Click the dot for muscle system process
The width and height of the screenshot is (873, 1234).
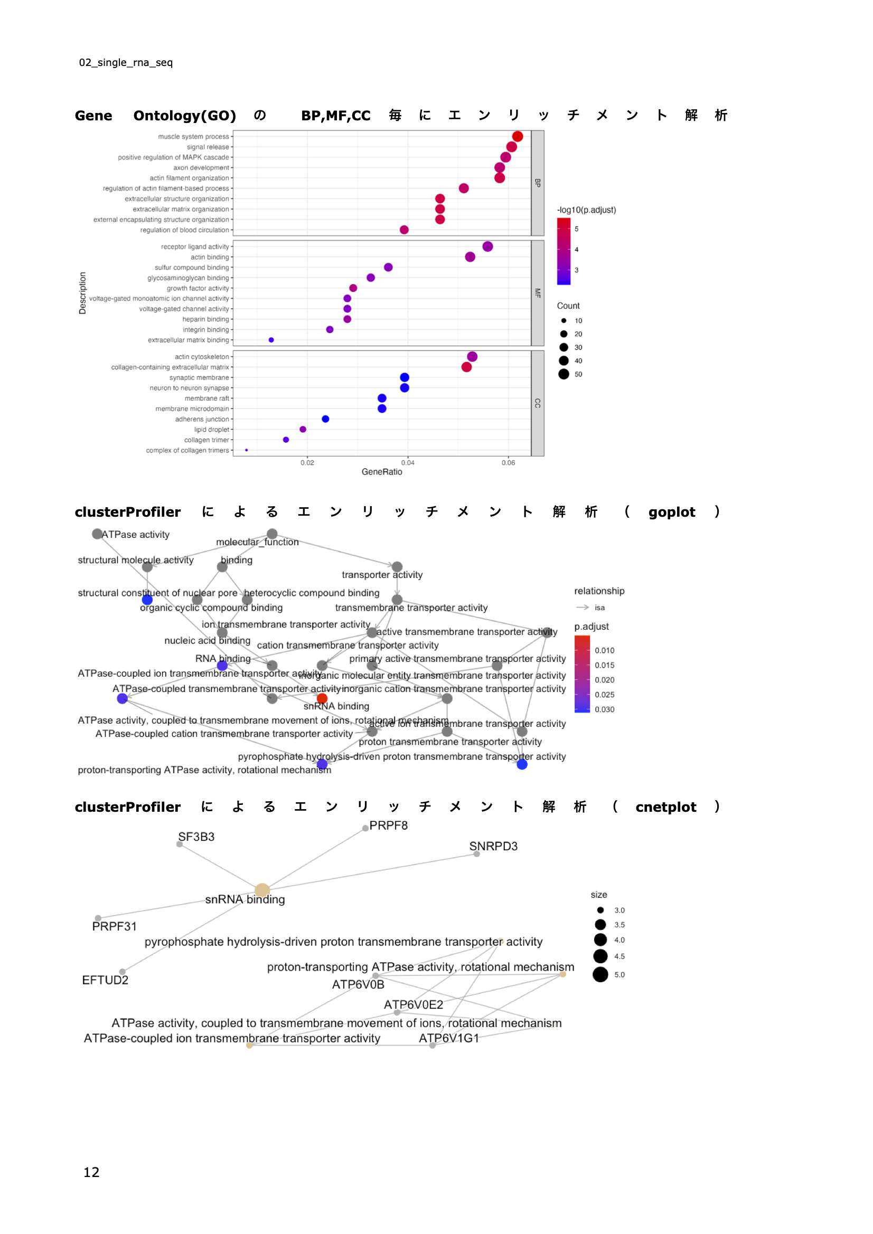(x=518, y=137)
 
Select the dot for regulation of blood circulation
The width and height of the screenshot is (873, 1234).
(x=404, y=230)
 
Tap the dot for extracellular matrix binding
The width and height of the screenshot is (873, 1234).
(x=271, y=340)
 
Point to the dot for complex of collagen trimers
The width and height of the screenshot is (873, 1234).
(x=246, y=450)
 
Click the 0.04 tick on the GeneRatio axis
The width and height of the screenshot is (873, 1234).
(x=408, y=463)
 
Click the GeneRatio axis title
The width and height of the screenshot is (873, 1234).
(x=381, y=472)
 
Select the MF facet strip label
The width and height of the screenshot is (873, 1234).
(x=537, y=293)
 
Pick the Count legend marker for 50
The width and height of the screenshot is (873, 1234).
(x=564, y=374)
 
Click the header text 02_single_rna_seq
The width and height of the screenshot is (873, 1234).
(x=126, y=62)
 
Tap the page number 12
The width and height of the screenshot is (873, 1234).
(x=91, y=1172)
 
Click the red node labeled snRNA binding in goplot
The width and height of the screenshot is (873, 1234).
(x=322, y=699)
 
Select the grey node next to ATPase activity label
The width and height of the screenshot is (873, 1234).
(x=97, y=534)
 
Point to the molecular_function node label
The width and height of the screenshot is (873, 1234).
(x=257, y=542)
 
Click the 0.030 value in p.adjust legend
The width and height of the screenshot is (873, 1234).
(x=605, y=709)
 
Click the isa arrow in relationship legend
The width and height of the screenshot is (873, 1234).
(x=583, y=607)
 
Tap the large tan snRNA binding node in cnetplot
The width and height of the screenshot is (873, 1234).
(x=262, y=890)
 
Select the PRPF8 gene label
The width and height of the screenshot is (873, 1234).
(x=388, y=825)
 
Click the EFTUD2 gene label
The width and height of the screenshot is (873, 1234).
(x=105, y=980)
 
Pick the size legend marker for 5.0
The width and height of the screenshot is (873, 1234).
(x=600, y=974)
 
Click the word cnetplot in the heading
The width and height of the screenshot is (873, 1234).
(x=665, y=807)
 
